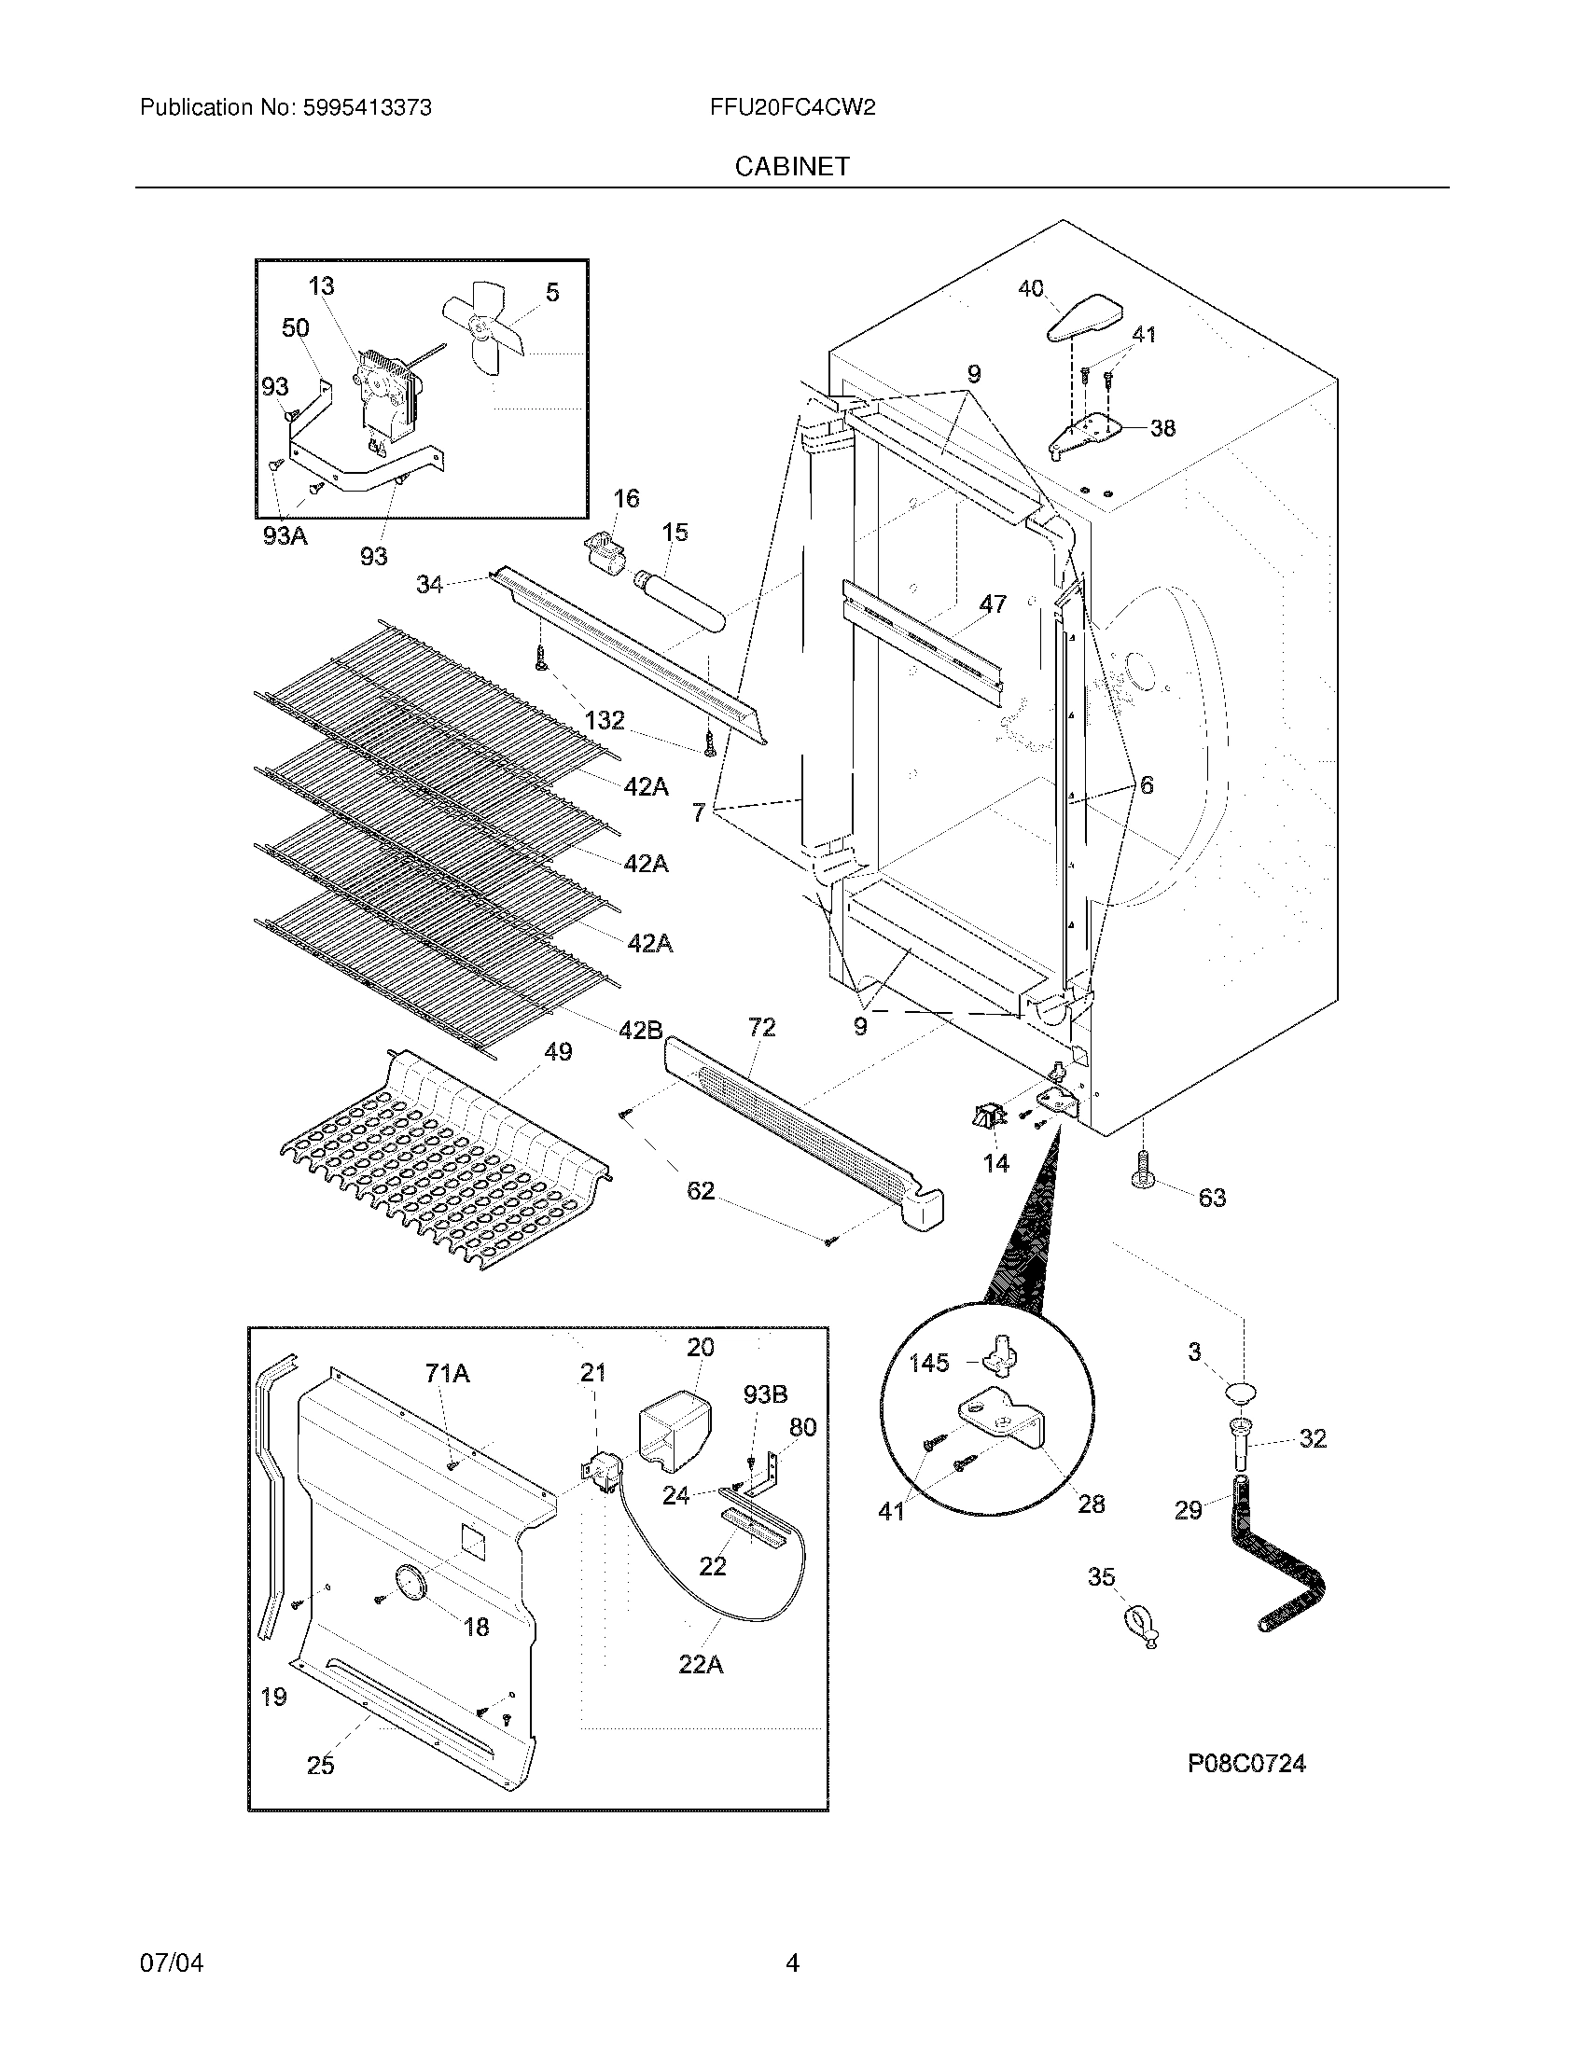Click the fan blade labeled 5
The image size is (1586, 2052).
(x=487, y=326)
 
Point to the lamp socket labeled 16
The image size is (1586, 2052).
(x=605, y=550)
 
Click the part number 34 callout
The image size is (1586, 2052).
(x=429, y=585)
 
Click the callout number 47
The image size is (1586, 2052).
(x=994, y=604)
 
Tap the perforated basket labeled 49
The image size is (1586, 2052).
(x=441, y=1165)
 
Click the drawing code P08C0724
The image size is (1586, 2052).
(x=1245, y=1764)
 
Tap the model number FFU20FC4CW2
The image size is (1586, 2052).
(x=793, y=108)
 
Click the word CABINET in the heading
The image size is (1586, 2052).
(x=792, y=166)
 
